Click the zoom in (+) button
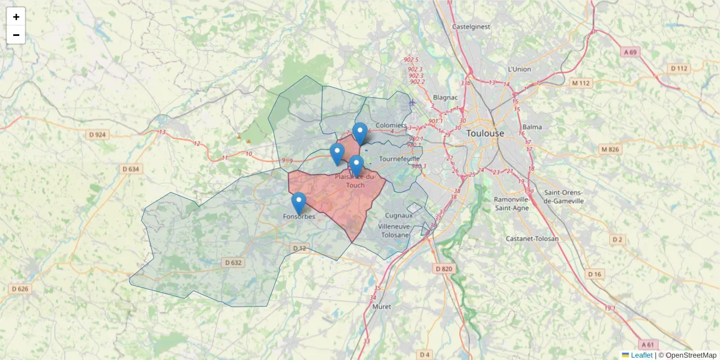pyautogui.click(x=16, y=17)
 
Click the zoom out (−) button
pyautogui.click(x=16, y=35)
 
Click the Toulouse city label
pyautogui.click(x=485, y=133)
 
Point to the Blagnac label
pyautogui.click(x=445, y=97)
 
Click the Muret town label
pyautogui.click(x=382, y=307)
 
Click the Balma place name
pyautogui.click(x=532, y=127)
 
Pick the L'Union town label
pyautogui.click(x=520, y=69)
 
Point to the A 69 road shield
pyautogui.click(x=629, y=52)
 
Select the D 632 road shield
pyautogui.click(x=233, y=262)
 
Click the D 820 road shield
pyautogui.click(x=443, y=268)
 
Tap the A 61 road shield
pyautogui.click(x=647, y=344)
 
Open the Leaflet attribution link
pyautogui.click(x=641, y=355)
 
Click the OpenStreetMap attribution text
pyautogui.click(x=691, y=355)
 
